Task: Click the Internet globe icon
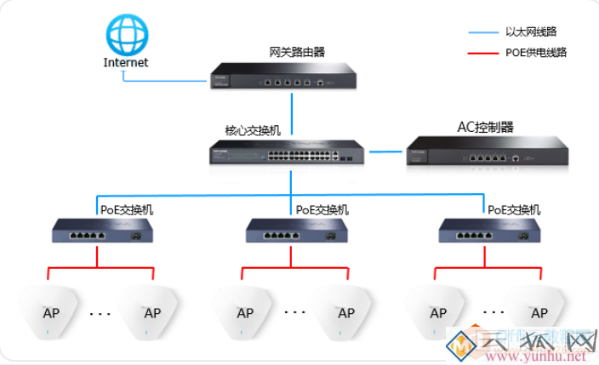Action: pos(125,33)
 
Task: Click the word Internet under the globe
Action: pos(125,62)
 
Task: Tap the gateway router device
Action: pos(284,77)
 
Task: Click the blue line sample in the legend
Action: pos(482,32)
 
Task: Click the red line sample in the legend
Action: pos(482,54)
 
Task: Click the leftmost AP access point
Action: pos(50,310)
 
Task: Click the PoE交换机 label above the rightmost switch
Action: pos(514,209)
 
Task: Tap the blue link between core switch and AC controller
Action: pos(385,154)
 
